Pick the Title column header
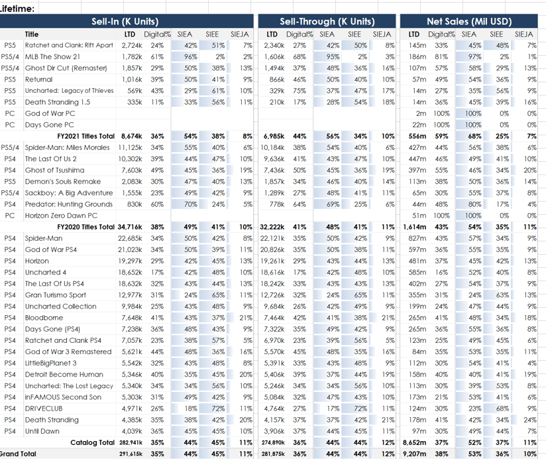(32, 34)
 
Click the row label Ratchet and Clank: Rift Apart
(69, 45)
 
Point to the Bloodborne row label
(44, 318)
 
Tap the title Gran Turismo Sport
(56, 295)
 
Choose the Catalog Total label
(92, 442)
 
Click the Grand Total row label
(19, 454)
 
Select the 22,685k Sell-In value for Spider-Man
(134, 238)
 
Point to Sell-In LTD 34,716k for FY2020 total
(134, 226)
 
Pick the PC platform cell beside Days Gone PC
(9, 125)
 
